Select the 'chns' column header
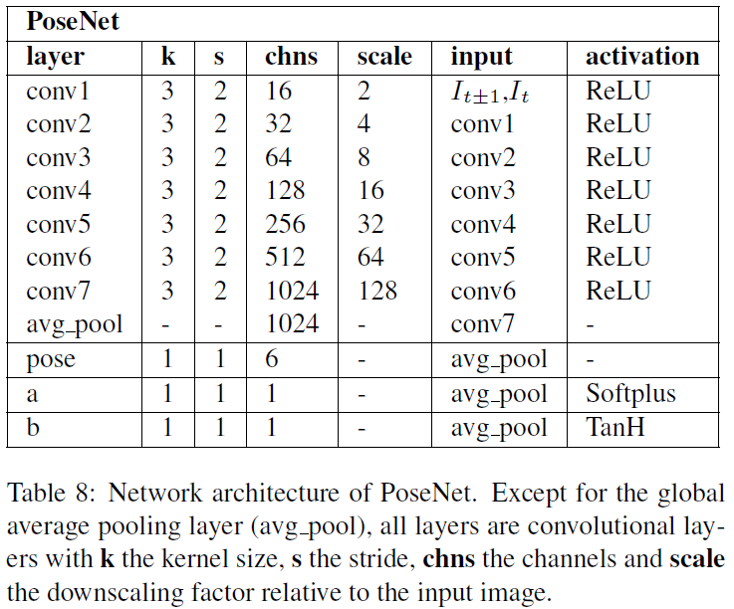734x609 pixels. [291, 57]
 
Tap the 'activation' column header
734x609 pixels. [641, 57]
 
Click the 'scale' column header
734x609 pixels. [384, 57]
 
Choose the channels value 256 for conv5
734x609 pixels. [286, 223]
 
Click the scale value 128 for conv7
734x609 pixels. [376, 291]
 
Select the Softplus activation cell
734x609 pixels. [630, 394]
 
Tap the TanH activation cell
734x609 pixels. [618, 428]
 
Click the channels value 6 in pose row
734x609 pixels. [273, 359]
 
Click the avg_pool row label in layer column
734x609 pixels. [75, 324]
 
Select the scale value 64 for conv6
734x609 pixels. [370, 257]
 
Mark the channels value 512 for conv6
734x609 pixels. [286, 257]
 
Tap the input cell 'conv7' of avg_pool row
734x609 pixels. [483, 324]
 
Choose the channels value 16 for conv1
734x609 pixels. [279, 92]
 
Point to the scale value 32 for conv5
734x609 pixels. [370, 223]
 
